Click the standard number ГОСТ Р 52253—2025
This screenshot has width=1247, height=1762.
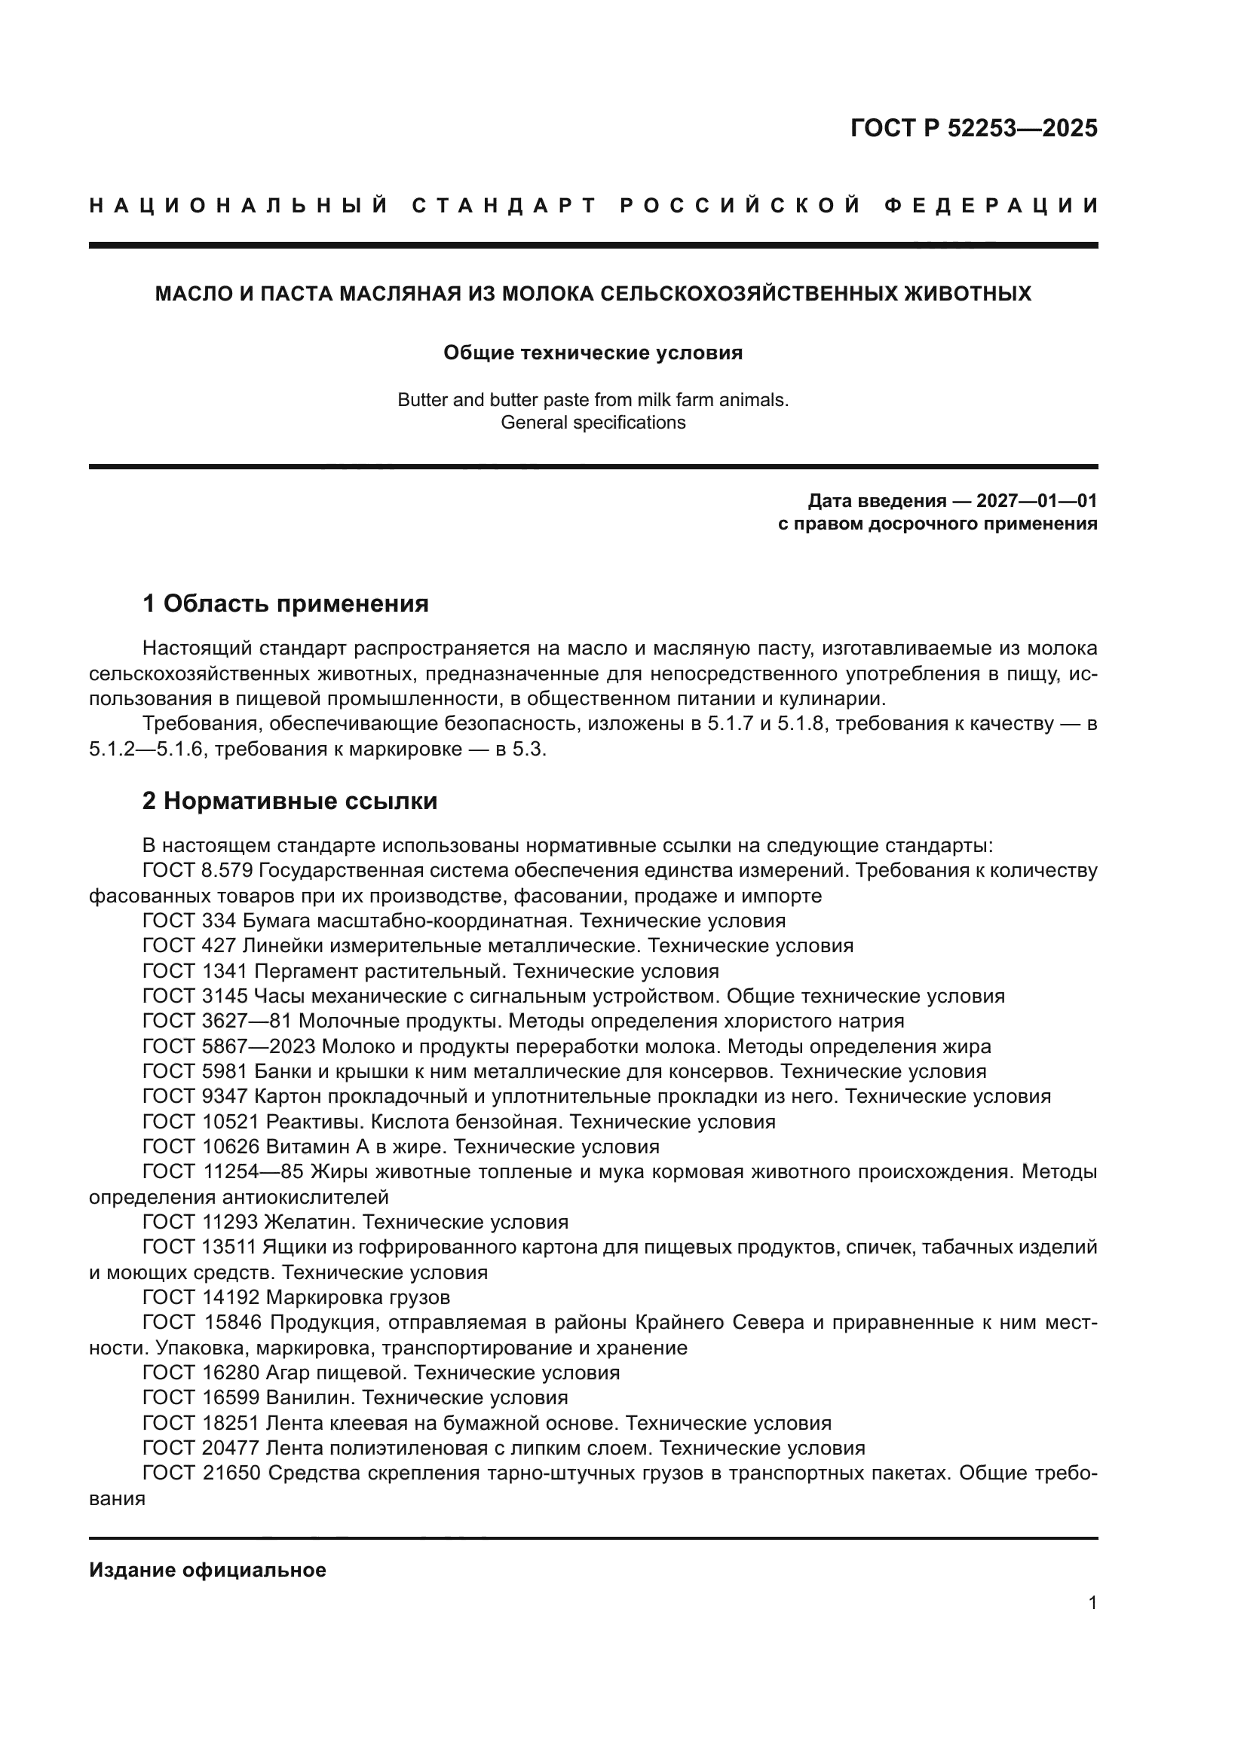click(x=973, y=128)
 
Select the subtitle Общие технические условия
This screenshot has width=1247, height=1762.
click(x=593, y=353)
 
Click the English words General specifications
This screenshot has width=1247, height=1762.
click(x=593, y=423)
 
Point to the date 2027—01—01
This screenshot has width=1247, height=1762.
click(x=1037, y=502)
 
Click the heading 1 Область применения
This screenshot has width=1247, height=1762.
click(x=286, y=604)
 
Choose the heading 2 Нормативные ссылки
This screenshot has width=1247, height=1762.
click(x=290, y=802)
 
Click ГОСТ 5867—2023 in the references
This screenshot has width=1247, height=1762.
click(x=230, y=1047)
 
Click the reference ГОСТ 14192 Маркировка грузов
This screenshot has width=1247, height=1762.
click(x=296, y=1298)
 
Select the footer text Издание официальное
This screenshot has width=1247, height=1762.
click(x=207, y=1570)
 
